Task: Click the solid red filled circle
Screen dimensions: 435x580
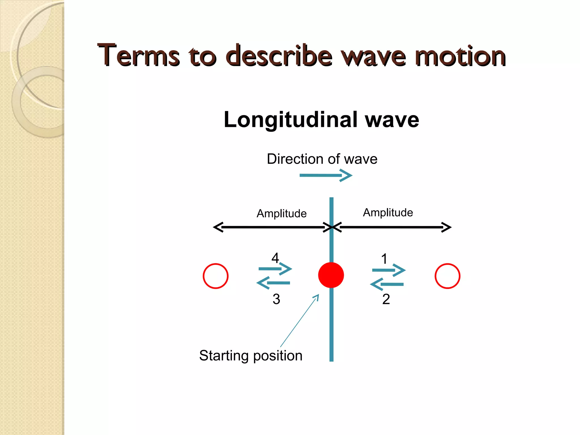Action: click(331, 275)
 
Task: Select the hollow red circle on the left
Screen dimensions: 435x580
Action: click(216, 276)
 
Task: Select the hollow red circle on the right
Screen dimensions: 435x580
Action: click(447, 276)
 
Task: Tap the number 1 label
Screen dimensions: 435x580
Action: click(384, 259)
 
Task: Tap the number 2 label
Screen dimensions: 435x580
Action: click(386, 299)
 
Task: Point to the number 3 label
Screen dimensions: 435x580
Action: click(276, 299)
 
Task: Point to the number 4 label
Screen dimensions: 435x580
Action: click(275, 258)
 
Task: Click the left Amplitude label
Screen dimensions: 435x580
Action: click(282, 214)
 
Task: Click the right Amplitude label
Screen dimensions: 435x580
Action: click(388, 213)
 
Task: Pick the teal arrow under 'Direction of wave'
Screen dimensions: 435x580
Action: click(326, 176)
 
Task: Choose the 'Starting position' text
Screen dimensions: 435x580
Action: click(251, 356)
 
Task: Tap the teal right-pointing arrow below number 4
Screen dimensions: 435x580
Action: click(275, 268)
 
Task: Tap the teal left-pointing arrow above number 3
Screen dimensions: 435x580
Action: click(273, 283)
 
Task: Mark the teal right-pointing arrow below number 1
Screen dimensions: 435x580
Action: click(389, 270)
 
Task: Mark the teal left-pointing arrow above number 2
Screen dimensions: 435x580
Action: click(387, 284)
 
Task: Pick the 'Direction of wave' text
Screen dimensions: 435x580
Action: click(322, 159)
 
